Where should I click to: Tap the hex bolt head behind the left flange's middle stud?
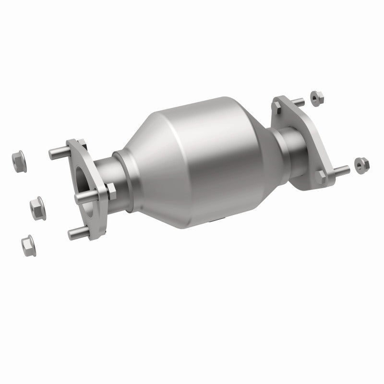pos(108,192)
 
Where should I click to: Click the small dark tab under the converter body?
pos(216,221)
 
